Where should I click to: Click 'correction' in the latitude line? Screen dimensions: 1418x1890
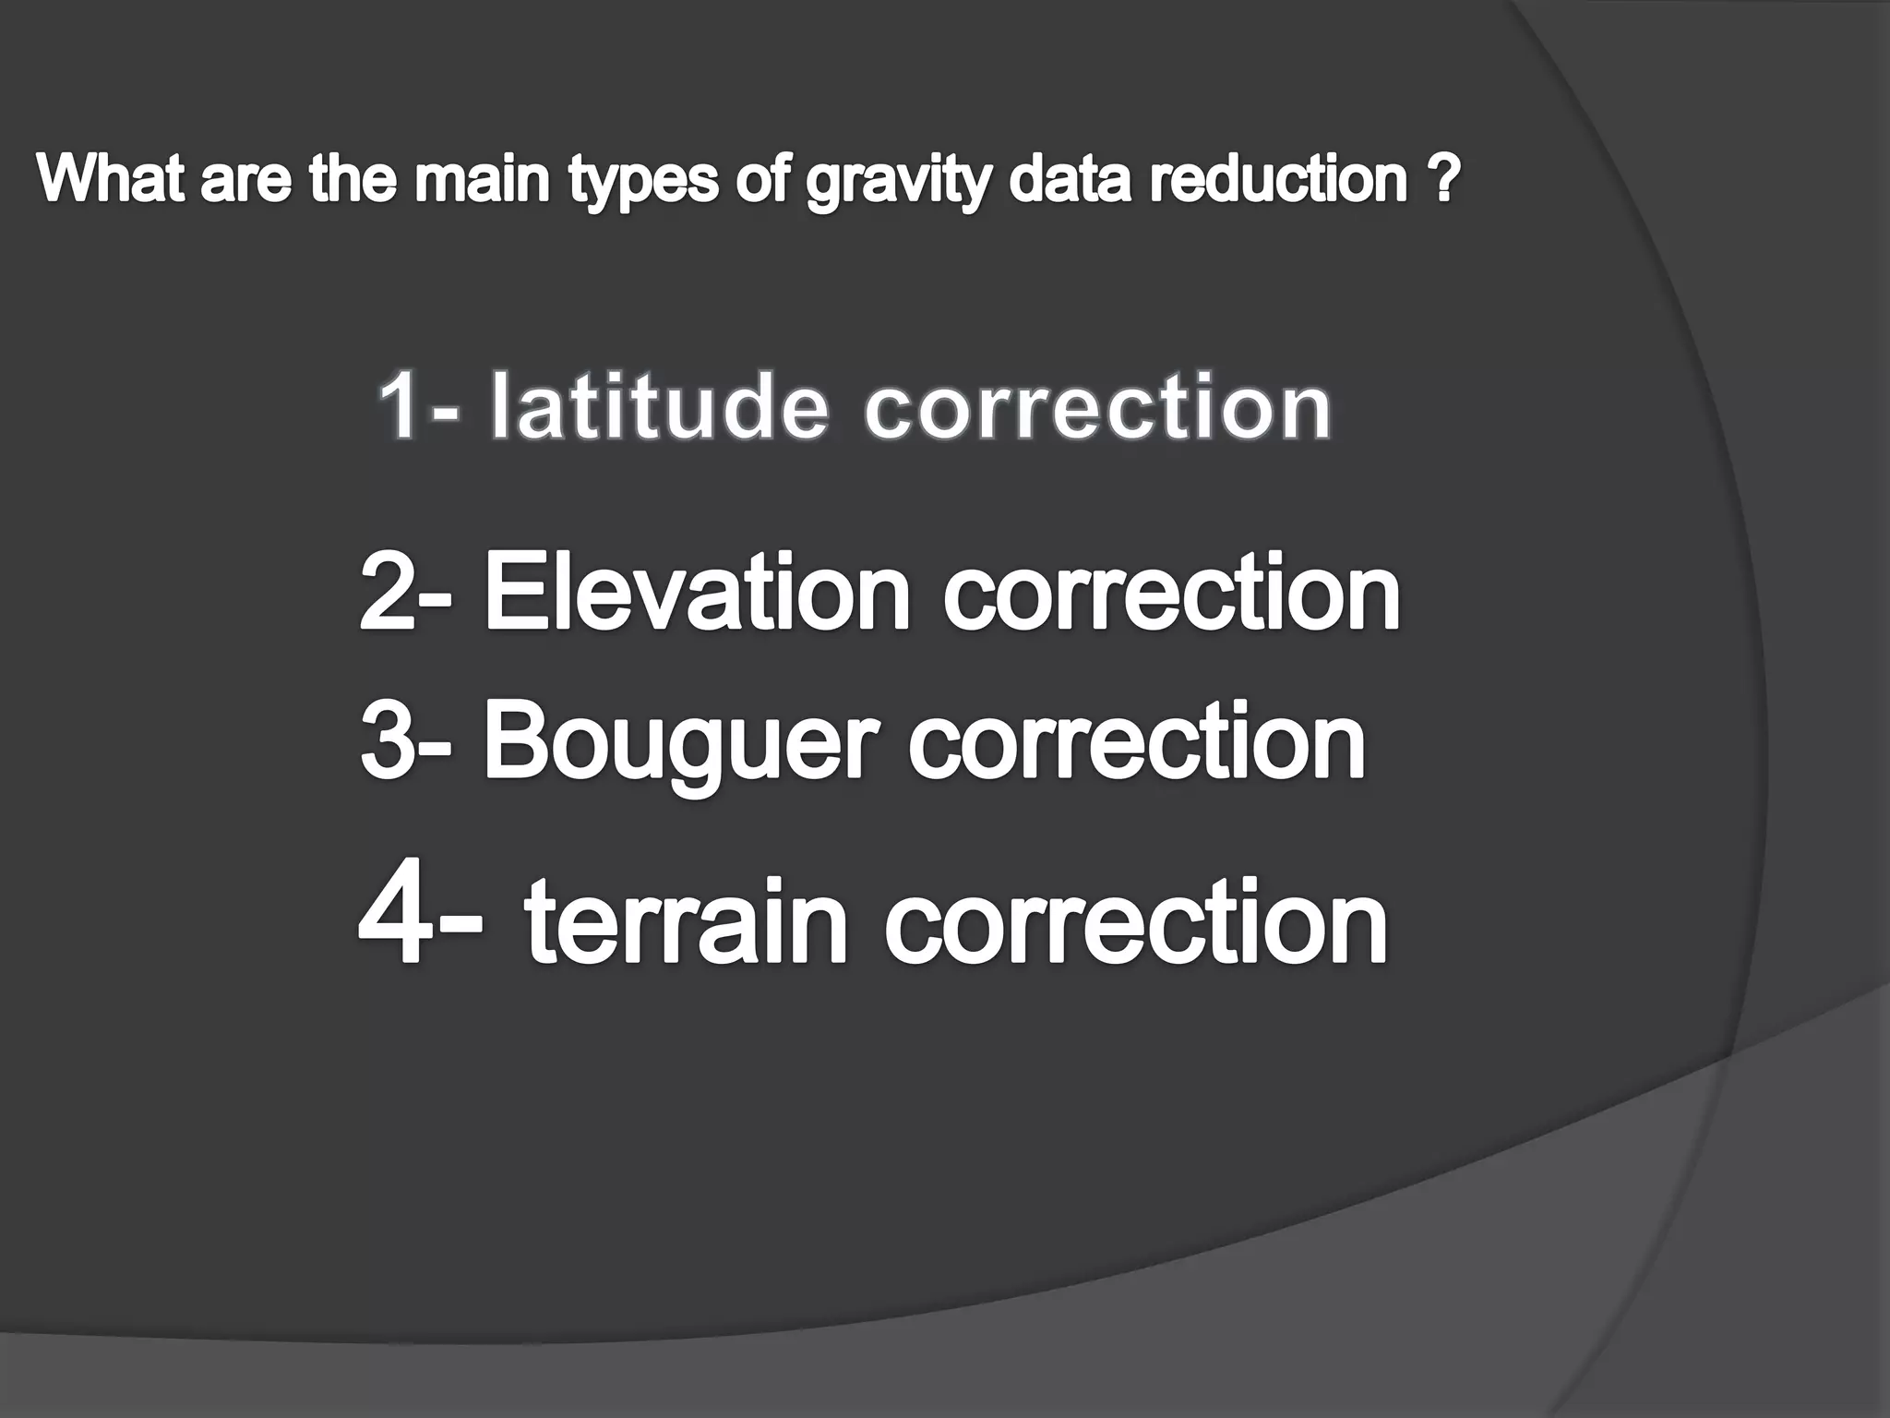[1098, 408]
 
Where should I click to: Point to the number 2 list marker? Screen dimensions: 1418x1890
[389, 593]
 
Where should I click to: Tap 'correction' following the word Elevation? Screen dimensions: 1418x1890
[1170, 593]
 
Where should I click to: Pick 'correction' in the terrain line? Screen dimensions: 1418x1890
[1135, 922]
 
